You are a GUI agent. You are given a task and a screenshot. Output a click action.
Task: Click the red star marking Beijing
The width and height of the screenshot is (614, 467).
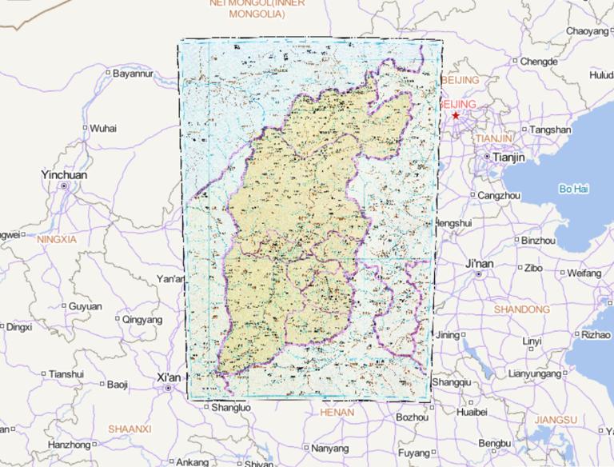(x=456, y=116)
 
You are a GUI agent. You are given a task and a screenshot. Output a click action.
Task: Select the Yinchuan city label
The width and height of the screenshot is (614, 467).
(x=65, y=175)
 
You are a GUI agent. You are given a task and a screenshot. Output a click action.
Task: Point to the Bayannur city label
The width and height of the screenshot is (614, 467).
(x=132, y=74)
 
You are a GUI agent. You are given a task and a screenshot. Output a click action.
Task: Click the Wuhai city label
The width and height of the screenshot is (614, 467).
(x=102, y=128)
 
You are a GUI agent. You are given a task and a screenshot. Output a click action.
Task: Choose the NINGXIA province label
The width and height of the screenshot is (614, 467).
(x=56, y=239)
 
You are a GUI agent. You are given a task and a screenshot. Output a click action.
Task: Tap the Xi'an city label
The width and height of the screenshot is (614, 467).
(x=169, y=377)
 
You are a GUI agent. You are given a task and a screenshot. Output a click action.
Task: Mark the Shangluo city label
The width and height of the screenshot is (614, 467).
(x=231, y=407)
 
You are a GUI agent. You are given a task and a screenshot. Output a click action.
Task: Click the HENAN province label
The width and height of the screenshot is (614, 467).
(x=336, y=413)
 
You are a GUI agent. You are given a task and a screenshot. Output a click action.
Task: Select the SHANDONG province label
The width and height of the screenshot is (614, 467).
(x=522, y=309)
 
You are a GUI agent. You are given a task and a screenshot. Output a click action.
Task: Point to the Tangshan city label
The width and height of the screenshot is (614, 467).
(x=551, y=130)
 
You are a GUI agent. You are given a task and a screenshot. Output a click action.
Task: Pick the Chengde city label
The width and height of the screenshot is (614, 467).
(x=538, y=62)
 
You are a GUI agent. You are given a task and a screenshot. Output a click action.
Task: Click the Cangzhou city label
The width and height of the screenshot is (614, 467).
(x=499, y=195)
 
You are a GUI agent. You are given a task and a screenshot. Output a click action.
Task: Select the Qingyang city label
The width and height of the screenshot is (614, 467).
(x=142, y=319)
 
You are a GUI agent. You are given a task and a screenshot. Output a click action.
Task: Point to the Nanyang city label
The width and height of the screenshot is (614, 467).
(x=330, y=448)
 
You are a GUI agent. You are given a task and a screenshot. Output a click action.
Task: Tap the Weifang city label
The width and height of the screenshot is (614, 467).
(x=584, y=273)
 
